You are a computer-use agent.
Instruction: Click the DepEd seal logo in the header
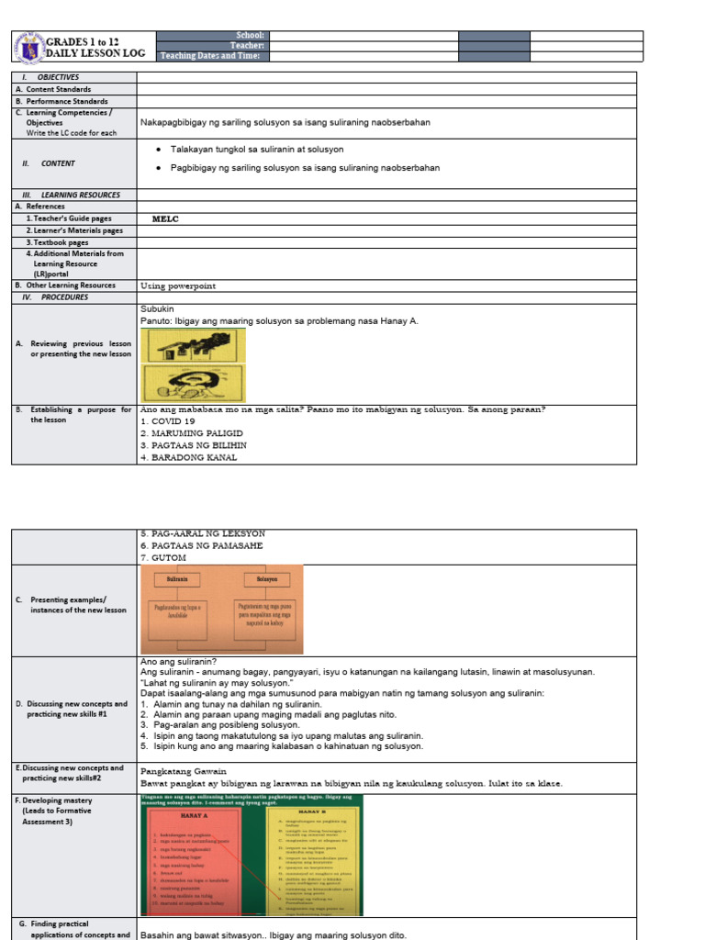(28, 47)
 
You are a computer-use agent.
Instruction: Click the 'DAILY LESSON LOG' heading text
(97, 54)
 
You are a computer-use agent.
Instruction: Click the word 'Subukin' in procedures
(157, 309)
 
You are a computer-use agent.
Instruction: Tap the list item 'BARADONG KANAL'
(188, 457)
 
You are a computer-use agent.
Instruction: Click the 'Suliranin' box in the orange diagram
(177, 580)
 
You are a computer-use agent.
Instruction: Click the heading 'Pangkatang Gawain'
(183, 771)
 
